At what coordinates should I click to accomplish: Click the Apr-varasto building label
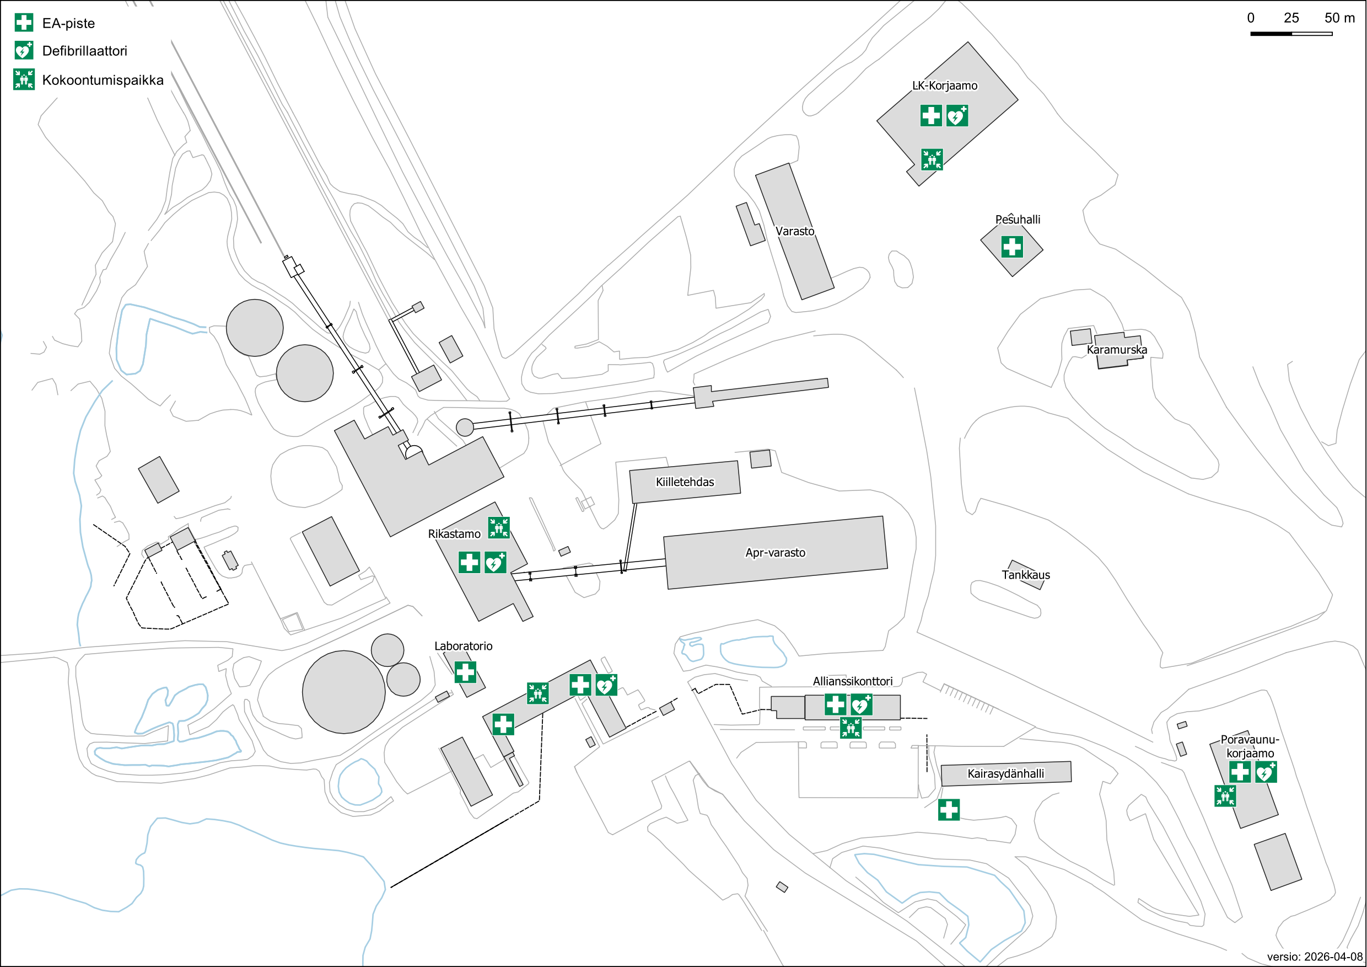775,552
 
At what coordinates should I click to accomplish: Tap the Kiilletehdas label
685,482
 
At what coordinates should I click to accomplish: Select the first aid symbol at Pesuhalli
1012,247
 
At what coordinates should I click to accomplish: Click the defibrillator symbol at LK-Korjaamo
957,116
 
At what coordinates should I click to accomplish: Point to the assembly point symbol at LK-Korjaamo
932,159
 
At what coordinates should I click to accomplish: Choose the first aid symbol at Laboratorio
466,672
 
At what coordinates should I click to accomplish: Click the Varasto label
795,231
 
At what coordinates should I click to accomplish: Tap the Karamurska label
1117,350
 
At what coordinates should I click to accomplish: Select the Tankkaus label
1026,575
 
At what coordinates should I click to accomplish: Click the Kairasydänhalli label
1005,773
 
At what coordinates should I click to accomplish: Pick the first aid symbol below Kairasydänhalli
949,810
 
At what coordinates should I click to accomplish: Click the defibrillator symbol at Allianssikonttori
862,705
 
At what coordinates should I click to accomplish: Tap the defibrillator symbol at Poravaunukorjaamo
1266,772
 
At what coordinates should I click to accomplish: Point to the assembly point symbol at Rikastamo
499,527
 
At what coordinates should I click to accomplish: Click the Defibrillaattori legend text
84,51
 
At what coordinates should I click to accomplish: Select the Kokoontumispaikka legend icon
24,79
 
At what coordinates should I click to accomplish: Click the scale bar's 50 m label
1339,18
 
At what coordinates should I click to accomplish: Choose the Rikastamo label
454,534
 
